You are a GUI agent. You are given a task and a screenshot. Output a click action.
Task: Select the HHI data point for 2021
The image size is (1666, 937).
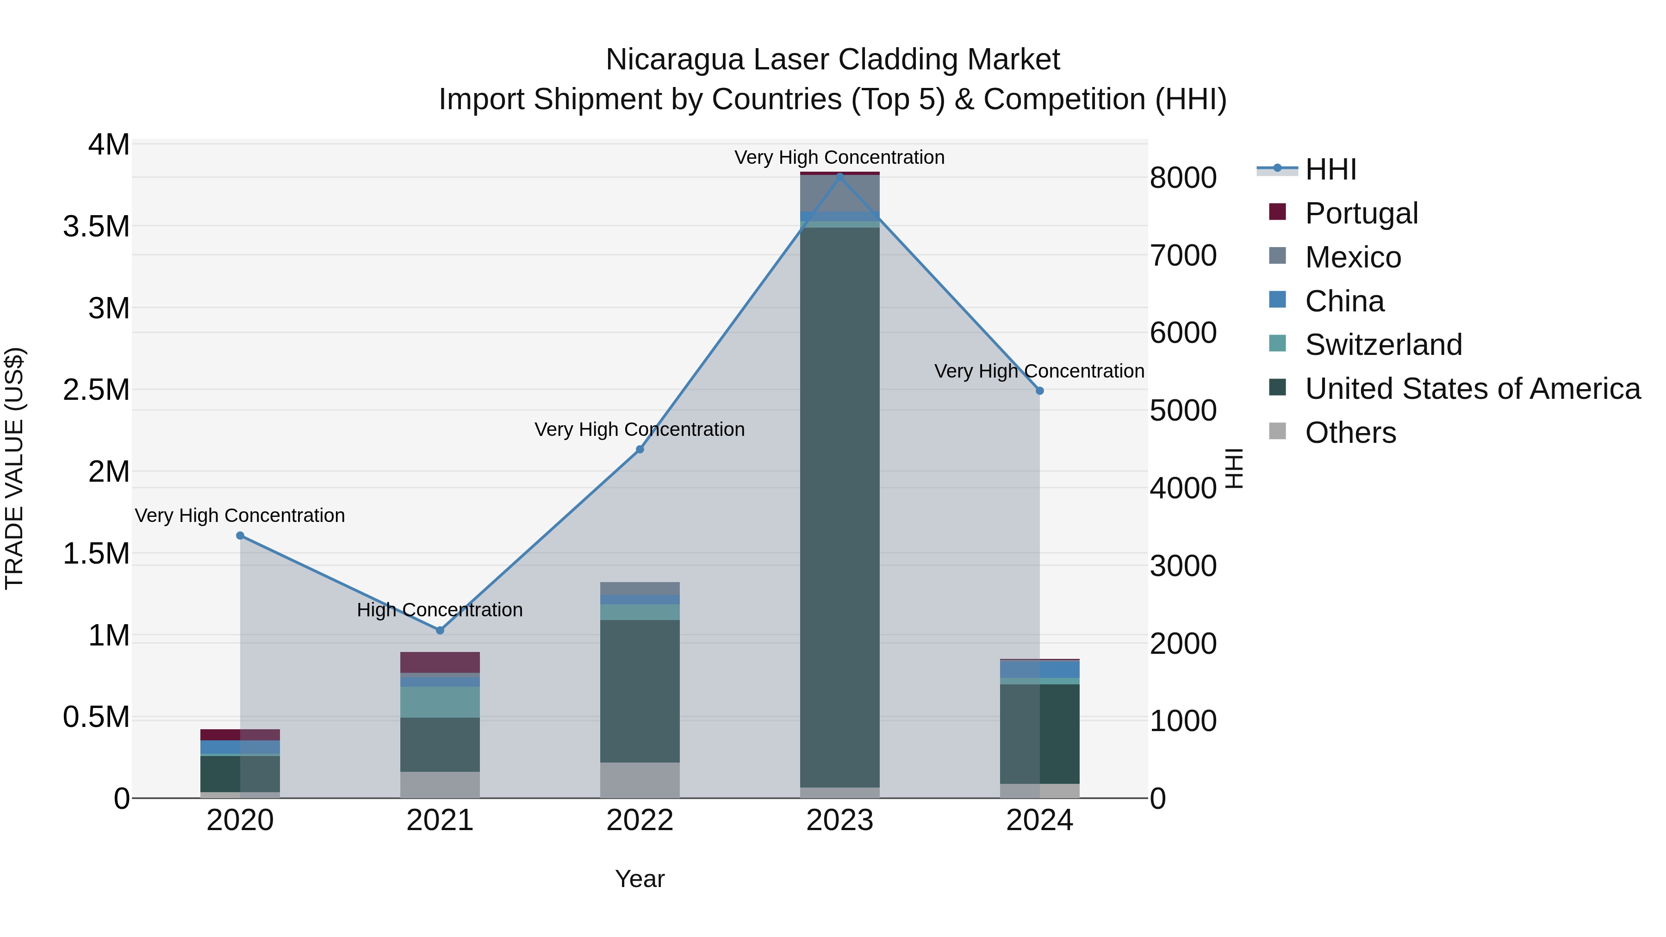[x=440, y=630]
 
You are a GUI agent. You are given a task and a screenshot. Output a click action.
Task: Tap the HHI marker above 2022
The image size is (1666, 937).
[x=640, y=449]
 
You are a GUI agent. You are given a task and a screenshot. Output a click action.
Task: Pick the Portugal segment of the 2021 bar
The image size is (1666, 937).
[x=440, y=662]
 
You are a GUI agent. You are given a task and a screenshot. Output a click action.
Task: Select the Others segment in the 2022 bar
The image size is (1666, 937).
[x=640, y=780]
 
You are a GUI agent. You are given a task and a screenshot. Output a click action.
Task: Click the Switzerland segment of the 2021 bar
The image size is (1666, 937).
[x=440, y=701]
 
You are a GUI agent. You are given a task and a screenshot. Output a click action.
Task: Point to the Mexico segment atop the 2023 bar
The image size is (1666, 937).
[x=839, y=192]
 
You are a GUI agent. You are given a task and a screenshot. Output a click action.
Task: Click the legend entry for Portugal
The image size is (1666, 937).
[x=1361, y=213]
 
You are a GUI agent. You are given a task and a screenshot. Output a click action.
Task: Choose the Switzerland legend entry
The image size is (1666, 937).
[x=1383, y=345]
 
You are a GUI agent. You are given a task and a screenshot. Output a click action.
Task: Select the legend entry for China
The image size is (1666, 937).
[x=1344, y=301]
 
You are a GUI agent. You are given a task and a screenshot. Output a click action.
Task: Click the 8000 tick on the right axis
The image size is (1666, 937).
[x=1183, y=178]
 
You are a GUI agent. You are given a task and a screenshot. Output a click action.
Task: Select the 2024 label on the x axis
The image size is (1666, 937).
[x=1039, y=820]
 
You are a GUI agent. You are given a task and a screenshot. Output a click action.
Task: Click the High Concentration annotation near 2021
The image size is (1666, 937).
[x=440, y=610]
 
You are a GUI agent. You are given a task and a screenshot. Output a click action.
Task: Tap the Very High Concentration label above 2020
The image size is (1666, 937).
[x=240, y=515]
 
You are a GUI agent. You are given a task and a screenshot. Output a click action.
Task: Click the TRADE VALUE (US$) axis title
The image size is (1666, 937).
[x=14, y=468]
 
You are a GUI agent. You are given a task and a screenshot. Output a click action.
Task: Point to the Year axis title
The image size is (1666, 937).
[x=640, y=879]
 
